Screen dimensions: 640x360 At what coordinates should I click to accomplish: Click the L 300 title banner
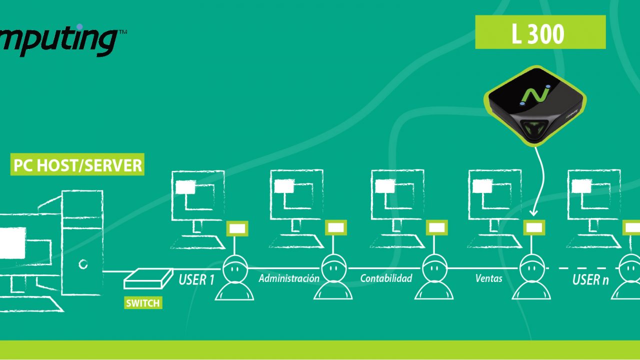pyautogui.click(x=540, y=32)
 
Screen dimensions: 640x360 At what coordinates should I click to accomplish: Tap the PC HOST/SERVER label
pyautogui.click(x=77, y=164)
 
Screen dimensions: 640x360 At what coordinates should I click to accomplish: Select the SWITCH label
pyautogui.click(x=143, y=303)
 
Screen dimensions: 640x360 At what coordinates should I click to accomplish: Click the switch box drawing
pyautogui.click(x=148, y=278)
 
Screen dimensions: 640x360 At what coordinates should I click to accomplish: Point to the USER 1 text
pyautogui.click(x=196, y=279)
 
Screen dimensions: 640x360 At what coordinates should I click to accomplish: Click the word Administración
pyautogui.click(x=289, y=278)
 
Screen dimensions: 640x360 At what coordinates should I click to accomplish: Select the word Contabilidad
pyautogui.click(x=386, y=278)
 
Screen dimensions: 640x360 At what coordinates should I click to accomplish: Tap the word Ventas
pyautogui.click(x=488, y=278)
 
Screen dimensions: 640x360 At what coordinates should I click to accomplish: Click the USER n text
pyautogui.click(x=590, y=279)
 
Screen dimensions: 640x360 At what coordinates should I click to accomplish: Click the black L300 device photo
pyautogui.click(x=535, y=105)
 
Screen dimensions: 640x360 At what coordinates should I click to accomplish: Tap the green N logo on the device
pyautogui.click(x=535, y=95)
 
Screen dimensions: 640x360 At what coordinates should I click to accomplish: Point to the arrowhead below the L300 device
pyautogui.click(x=533, y=213)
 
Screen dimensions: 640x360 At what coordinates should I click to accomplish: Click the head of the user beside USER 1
pyautogui.click(x=235, y=268)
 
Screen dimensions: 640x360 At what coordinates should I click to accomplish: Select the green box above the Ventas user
pyautogui.click(x=534, y=227)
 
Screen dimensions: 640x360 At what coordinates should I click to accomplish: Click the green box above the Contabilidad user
pyautogui.click(x=436, y=227)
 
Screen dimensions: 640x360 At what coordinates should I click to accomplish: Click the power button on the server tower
pyautogui.click(x=83, y=264)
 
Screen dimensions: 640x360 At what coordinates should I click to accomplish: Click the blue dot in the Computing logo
pyautogui.click(x=79, y=27)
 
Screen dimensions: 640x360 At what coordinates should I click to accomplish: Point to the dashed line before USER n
pyautogui.click(x=582, y=268)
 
